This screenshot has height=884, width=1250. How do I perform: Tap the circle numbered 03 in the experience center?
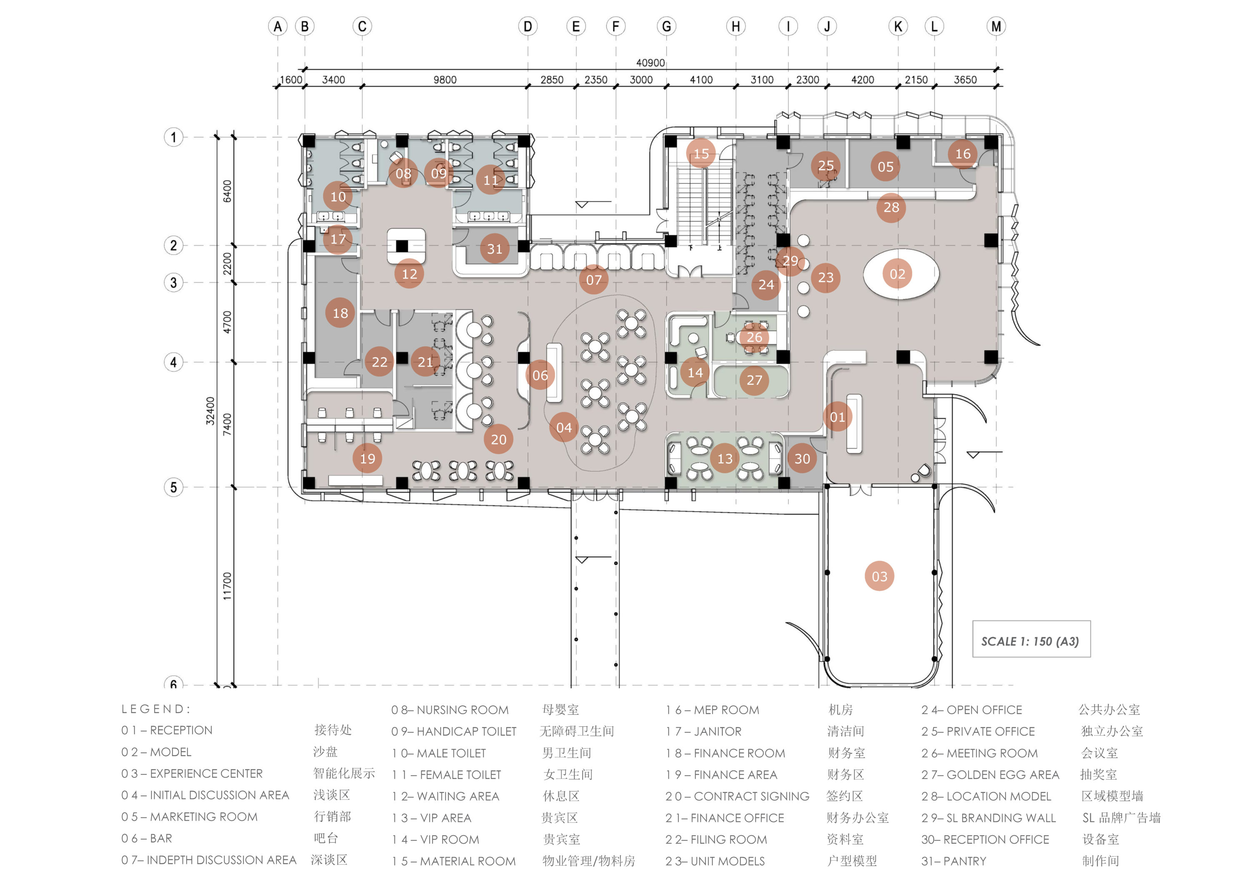879,577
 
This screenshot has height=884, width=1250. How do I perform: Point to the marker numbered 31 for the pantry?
494,249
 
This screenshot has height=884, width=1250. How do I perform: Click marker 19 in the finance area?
367,458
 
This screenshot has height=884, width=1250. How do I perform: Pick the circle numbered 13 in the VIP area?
725,458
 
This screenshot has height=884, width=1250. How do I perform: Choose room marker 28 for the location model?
891,207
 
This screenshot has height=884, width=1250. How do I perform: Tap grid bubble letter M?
996,26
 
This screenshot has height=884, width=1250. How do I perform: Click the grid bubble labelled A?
277,26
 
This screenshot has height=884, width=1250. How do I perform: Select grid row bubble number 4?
174,362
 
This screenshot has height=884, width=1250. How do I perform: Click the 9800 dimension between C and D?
445,80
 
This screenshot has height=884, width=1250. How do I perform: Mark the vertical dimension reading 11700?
227,586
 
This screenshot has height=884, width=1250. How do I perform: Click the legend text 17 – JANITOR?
703,732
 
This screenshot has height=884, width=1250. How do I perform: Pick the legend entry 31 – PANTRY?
953,861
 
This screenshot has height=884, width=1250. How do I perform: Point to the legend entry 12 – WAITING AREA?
445,797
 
